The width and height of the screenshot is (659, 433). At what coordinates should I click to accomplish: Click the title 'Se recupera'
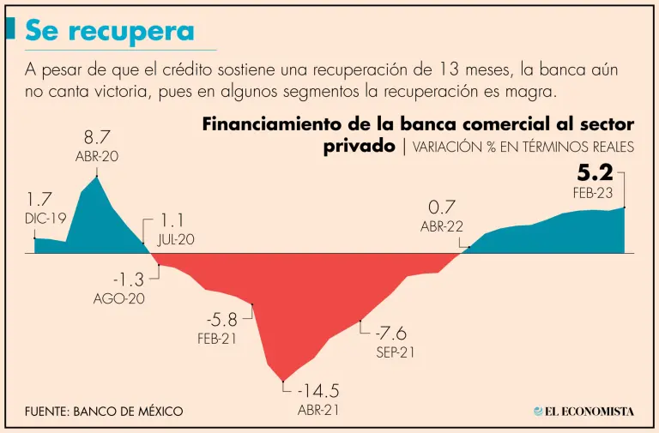[109, 31]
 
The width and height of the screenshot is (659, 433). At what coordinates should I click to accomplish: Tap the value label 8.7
[97, 138]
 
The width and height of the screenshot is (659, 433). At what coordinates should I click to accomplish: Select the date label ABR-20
[97, 158]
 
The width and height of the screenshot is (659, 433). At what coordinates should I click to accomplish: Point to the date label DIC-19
[45, 219]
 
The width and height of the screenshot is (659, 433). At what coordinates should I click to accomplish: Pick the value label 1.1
[173, 220]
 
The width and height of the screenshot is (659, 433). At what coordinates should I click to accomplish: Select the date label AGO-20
[118, 299]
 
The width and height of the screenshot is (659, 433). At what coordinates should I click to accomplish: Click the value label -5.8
[223, 319]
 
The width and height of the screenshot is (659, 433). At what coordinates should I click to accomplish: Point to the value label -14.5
[319, 390]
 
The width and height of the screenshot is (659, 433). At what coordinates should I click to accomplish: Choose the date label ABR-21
[318, 410]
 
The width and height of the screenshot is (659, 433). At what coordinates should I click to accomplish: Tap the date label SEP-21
[396, 352]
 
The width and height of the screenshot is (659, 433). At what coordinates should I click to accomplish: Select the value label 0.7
[441, 207]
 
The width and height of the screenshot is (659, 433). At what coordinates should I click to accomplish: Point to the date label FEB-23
[593, 193]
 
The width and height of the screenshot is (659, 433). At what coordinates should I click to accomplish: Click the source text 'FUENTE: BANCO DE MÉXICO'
[104, 412]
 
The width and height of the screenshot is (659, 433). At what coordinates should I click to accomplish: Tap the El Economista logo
[584, 412]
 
